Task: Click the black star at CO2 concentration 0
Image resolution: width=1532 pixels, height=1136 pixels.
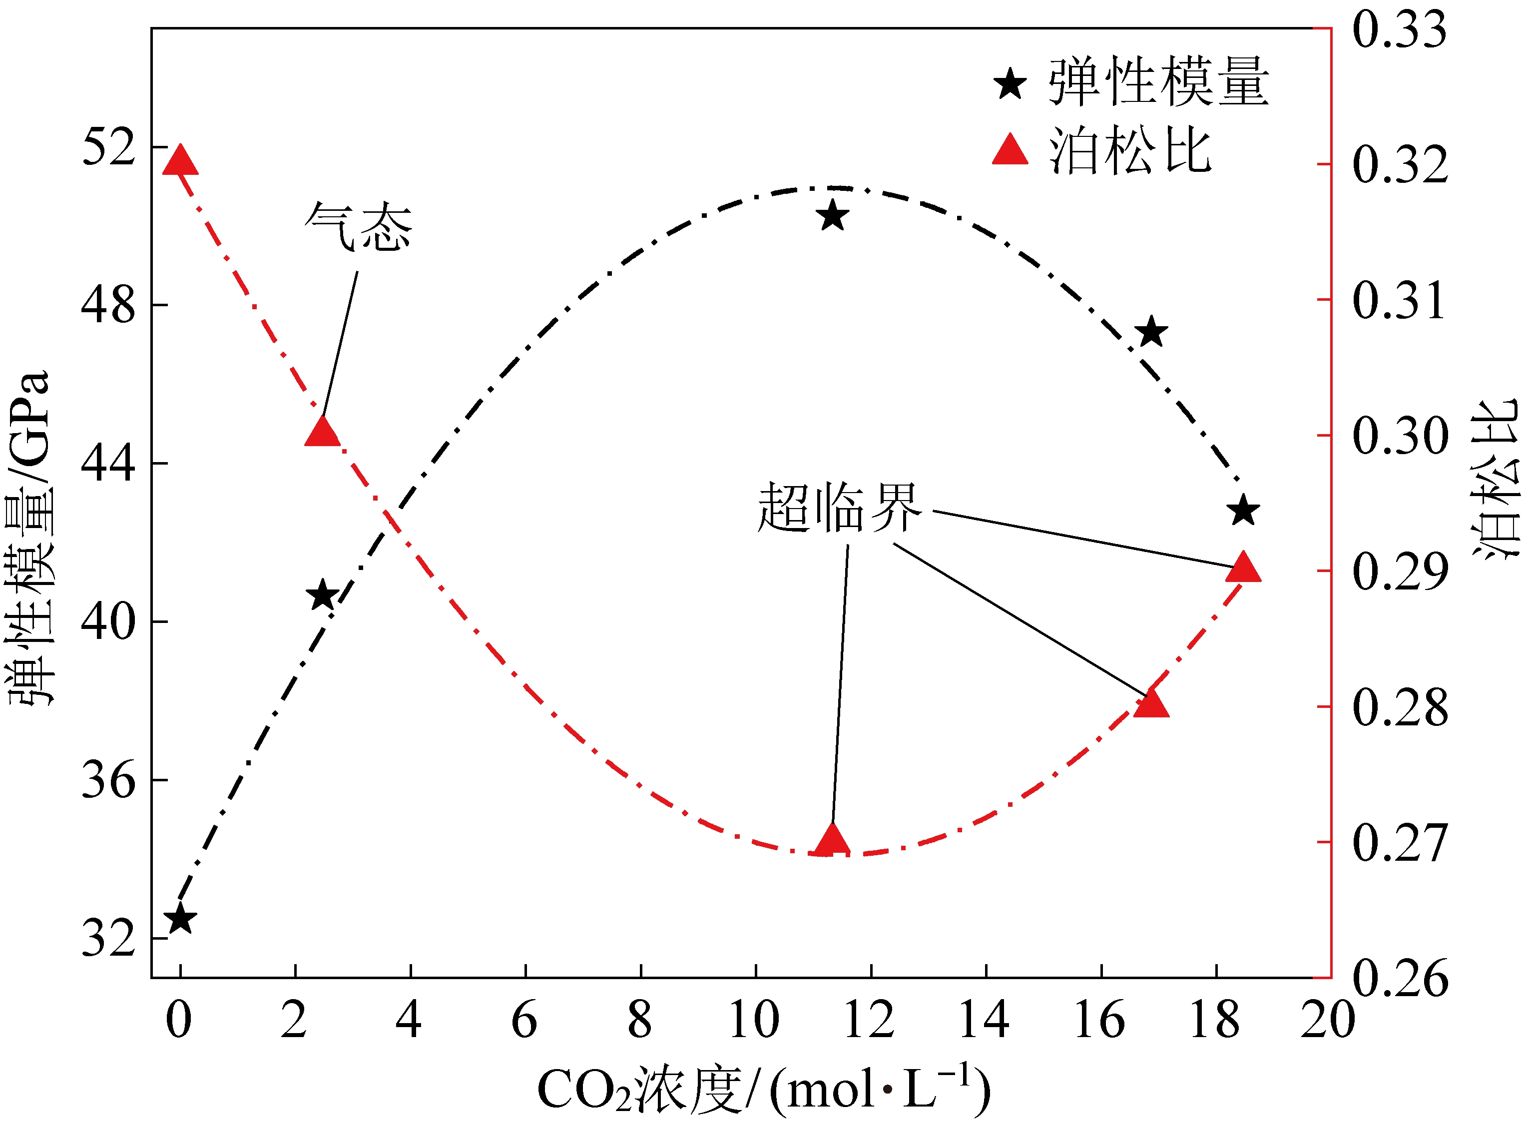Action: (x=181, y=919)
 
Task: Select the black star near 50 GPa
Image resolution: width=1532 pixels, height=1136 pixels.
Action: (x=833, y=216)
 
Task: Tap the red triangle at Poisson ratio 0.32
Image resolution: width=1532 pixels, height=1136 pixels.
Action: (x=180, y=161)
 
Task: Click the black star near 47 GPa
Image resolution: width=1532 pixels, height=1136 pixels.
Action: (x=1152, y=333)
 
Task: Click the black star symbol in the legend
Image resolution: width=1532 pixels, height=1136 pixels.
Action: (x=1010, y=84)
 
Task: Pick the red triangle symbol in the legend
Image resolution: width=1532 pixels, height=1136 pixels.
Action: (x=1010, y=150)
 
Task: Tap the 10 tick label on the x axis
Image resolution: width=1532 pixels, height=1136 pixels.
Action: (x=754, y=1020)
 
